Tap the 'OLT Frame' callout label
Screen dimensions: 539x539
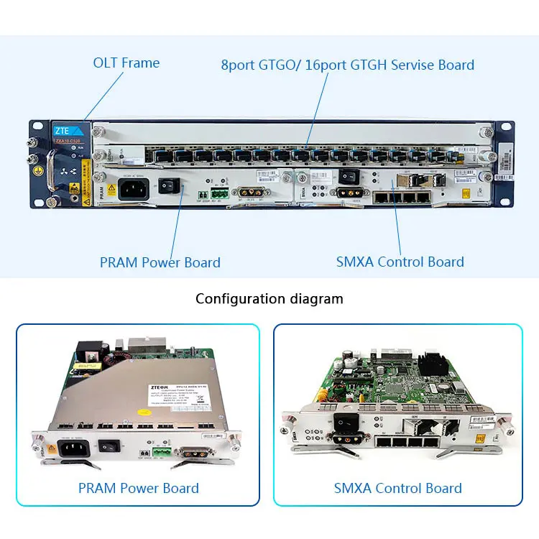tap(126, 63)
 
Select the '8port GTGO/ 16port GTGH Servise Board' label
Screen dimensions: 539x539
tap(347, 65)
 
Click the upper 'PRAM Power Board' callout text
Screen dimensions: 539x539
tap(160, 262)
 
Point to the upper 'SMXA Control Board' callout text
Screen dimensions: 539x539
tap(400, 262)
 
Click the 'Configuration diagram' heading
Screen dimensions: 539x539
tap(269, 298)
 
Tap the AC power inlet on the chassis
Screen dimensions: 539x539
tap(132, 189)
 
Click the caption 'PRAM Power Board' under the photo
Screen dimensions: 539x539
tap(138, 489)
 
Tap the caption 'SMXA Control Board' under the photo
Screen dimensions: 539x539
tap(397, 489)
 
